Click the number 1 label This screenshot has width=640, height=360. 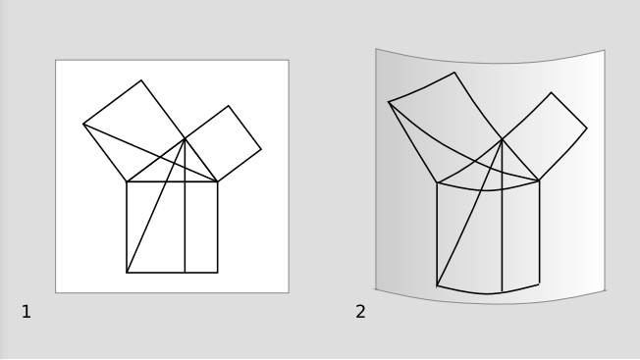27,312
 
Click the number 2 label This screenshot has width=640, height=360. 360,312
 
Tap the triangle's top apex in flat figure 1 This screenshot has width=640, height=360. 185,138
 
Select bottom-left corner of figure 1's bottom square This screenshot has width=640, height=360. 127,273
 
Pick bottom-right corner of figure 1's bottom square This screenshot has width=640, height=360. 218,273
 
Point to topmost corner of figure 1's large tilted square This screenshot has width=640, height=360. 141,80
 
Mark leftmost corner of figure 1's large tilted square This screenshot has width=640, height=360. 83,124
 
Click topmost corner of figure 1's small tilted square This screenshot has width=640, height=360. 229,106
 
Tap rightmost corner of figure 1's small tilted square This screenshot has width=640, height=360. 261,149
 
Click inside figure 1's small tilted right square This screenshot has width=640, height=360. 223,144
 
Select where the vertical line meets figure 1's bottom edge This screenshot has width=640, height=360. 185,273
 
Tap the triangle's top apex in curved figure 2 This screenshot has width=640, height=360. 502,139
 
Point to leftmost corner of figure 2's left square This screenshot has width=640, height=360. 389,102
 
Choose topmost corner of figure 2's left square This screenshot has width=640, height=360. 454,73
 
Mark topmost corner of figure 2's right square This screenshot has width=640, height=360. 551,92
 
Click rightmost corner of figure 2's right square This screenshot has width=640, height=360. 587,129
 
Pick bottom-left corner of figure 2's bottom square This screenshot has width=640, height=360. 437,285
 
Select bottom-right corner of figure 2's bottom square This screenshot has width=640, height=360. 540,283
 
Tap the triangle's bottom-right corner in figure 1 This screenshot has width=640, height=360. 218,181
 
